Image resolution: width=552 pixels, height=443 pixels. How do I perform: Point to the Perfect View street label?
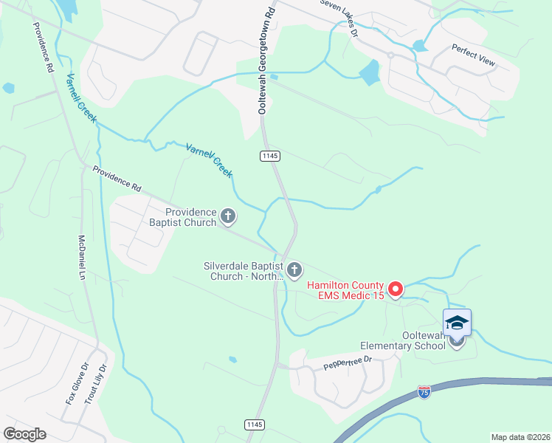point(474,55)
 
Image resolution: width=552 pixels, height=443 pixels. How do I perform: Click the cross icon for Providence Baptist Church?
point(228,217)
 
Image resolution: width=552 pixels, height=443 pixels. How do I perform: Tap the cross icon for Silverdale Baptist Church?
point(295,271)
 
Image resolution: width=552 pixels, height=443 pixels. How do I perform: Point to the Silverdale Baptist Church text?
point(244,271)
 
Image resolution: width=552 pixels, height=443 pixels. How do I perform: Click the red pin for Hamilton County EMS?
point(395,289)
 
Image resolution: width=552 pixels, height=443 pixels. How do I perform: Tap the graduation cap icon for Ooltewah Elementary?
point(457,323)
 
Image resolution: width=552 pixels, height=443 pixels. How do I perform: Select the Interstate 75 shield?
point(424,393)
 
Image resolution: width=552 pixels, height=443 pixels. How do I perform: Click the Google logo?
point(25,433)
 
